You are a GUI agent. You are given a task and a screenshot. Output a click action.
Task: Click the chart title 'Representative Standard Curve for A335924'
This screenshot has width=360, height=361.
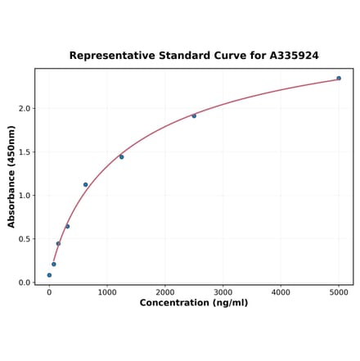click(194, 56)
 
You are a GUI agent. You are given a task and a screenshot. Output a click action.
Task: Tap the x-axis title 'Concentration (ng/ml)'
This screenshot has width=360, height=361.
click(194, 303)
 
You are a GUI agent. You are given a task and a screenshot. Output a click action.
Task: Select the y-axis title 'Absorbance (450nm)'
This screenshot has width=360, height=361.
click(11, 177)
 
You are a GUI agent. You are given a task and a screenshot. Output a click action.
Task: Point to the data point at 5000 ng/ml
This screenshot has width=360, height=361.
click(339, 79)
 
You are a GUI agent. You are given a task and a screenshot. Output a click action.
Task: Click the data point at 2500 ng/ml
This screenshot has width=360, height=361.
click(194, 116)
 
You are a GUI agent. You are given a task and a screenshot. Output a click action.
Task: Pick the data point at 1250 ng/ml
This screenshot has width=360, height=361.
click(121, 157)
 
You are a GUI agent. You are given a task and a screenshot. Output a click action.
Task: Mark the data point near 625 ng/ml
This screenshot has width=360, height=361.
click(85, 185)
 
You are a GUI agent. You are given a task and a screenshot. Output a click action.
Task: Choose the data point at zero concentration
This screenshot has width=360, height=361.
click(49, 275)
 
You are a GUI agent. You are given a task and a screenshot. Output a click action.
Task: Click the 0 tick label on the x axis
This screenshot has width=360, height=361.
click(49, 291)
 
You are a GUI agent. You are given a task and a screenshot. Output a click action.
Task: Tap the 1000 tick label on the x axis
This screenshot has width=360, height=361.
click(107, 291)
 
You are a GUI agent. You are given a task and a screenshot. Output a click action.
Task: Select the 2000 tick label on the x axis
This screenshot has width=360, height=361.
click(165, 291)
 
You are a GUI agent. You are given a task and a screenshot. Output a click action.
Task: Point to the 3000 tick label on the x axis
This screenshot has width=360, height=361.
click(223, 291)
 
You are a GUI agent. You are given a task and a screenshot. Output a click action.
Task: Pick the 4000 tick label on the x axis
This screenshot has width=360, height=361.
click(281, 291)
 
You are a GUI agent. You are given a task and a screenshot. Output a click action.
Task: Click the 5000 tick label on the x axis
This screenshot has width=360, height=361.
click(339, 291)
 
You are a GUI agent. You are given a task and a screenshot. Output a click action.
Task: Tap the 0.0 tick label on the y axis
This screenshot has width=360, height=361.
click(25, 282)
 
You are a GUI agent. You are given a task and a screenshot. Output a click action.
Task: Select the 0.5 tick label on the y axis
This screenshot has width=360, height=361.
click(25, 239)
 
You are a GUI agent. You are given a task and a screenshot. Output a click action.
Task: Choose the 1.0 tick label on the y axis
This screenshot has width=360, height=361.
click(25, 196)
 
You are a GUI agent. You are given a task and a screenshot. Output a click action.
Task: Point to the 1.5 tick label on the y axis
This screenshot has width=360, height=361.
click(25, 152)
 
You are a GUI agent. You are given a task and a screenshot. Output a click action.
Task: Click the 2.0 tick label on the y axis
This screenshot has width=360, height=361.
click(25, 109)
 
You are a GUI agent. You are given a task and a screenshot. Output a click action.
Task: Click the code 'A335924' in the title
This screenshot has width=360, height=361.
click(290, 56)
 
